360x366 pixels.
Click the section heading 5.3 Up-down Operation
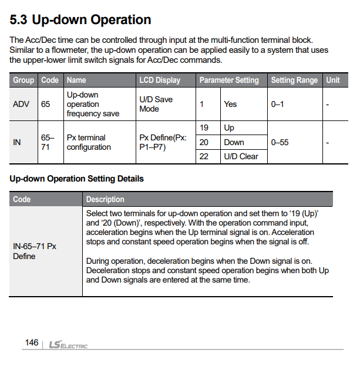80,20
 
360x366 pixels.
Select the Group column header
23,80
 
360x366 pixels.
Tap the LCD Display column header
160,80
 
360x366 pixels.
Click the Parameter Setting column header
228,80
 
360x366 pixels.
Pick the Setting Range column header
294,80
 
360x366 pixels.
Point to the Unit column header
333,80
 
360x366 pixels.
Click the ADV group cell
21,104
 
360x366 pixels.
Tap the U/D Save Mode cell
156,104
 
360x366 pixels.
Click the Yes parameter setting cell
230,104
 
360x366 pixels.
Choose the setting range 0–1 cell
277,104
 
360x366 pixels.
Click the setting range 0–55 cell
280,142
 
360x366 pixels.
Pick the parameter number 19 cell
204,128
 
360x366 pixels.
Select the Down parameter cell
234,142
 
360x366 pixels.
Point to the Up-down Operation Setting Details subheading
76,179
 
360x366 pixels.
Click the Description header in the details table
105,199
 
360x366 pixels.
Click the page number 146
32,343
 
